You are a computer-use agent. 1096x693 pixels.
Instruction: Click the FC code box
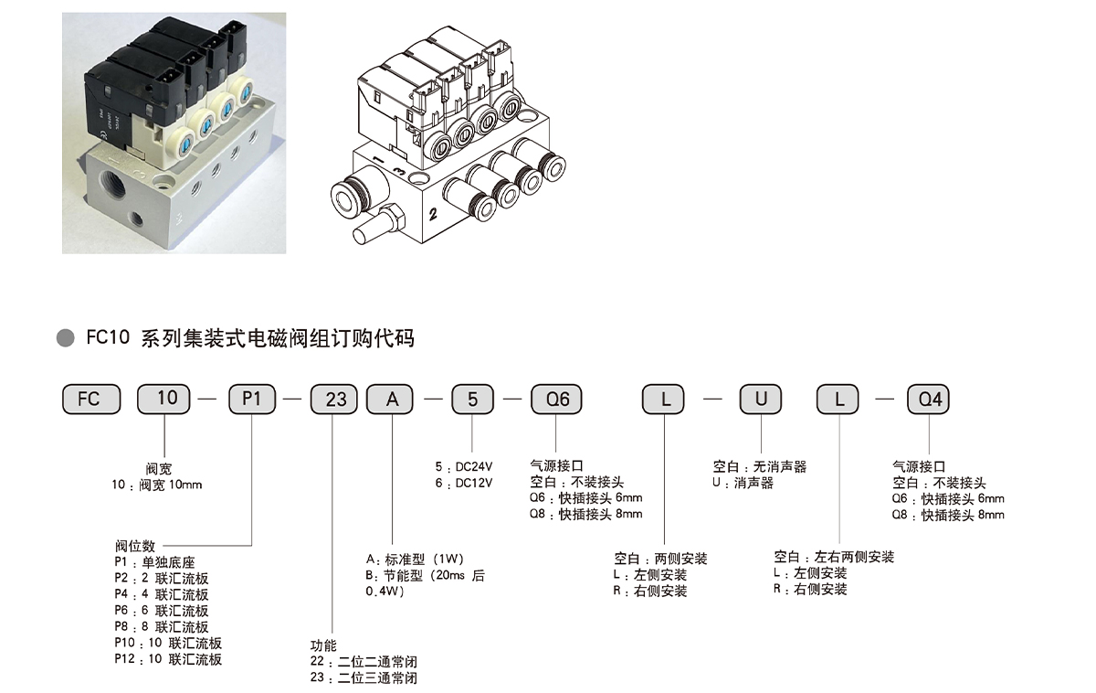pyautogui.click(x=90, y=400)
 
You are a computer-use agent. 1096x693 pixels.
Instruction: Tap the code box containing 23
pyautogui.click(x=335, y=400)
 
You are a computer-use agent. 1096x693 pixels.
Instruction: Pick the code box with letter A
pyautogui.click(x=390, y=400)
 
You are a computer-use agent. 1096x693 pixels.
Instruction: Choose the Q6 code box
pyautogui.click(x=556, y=400)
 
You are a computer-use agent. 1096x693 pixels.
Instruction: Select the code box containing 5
pyautogui.click(x=472, y=400)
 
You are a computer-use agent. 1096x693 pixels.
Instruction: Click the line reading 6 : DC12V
pyautogui.click(x=464, y=483)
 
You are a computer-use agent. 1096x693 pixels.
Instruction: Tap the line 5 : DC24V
pyautogui.click(x=464, y=466)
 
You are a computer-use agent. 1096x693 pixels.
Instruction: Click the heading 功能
pyautogui.click(x=323, y=645)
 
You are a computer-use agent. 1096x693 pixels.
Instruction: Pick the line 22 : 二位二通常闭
pyautogui.click(x=364, y=662)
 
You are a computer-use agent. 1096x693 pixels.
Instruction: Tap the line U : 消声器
pyautogui.click(x=743, y=483)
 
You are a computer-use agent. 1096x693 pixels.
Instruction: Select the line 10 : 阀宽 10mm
pyautogui.click(x=155, y=485)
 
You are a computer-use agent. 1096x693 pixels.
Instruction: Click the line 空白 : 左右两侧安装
pyautogui.click(x=833, y=557)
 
